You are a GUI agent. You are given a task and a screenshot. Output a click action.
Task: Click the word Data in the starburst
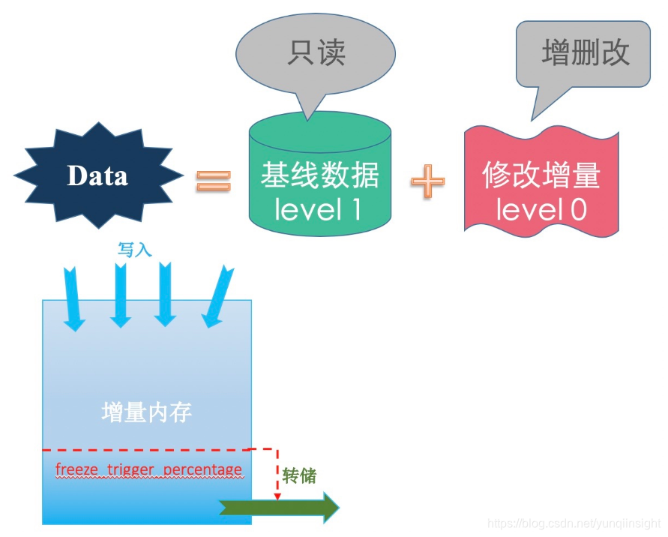coord(97,175)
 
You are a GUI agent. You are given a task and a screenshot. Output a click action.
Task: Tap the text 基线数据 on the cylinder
coord(320,175)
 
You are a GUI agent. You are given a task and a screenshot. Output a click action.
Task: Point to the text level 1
coord(318,209)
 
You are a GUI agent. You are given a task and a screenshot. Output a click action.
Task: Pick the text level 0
coord(541,210)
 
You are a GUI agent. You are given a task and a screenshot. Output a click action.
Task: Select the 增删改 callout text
coord(586,53)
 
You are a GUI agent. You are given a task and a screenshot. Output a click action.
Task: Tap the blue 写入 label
coord(135,250)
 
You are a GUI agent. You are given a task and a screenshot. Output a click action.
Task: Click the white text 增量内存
coord(147,412)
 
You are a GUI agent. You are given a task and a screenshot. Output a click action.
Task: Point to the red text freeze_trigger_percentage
coord(148,470)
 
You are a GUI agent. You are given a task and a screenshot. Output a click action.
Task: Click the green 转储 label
coord(299,475)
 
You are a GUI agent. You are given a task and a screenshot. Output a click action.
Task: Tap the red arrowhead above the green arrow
coord(277,496)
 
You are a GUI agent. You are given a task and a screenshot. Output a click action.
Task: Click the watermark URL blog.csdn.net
coord(574,523)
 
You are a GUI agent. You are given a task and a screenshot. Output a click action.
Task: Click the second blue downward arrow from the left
coord(120,297)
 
